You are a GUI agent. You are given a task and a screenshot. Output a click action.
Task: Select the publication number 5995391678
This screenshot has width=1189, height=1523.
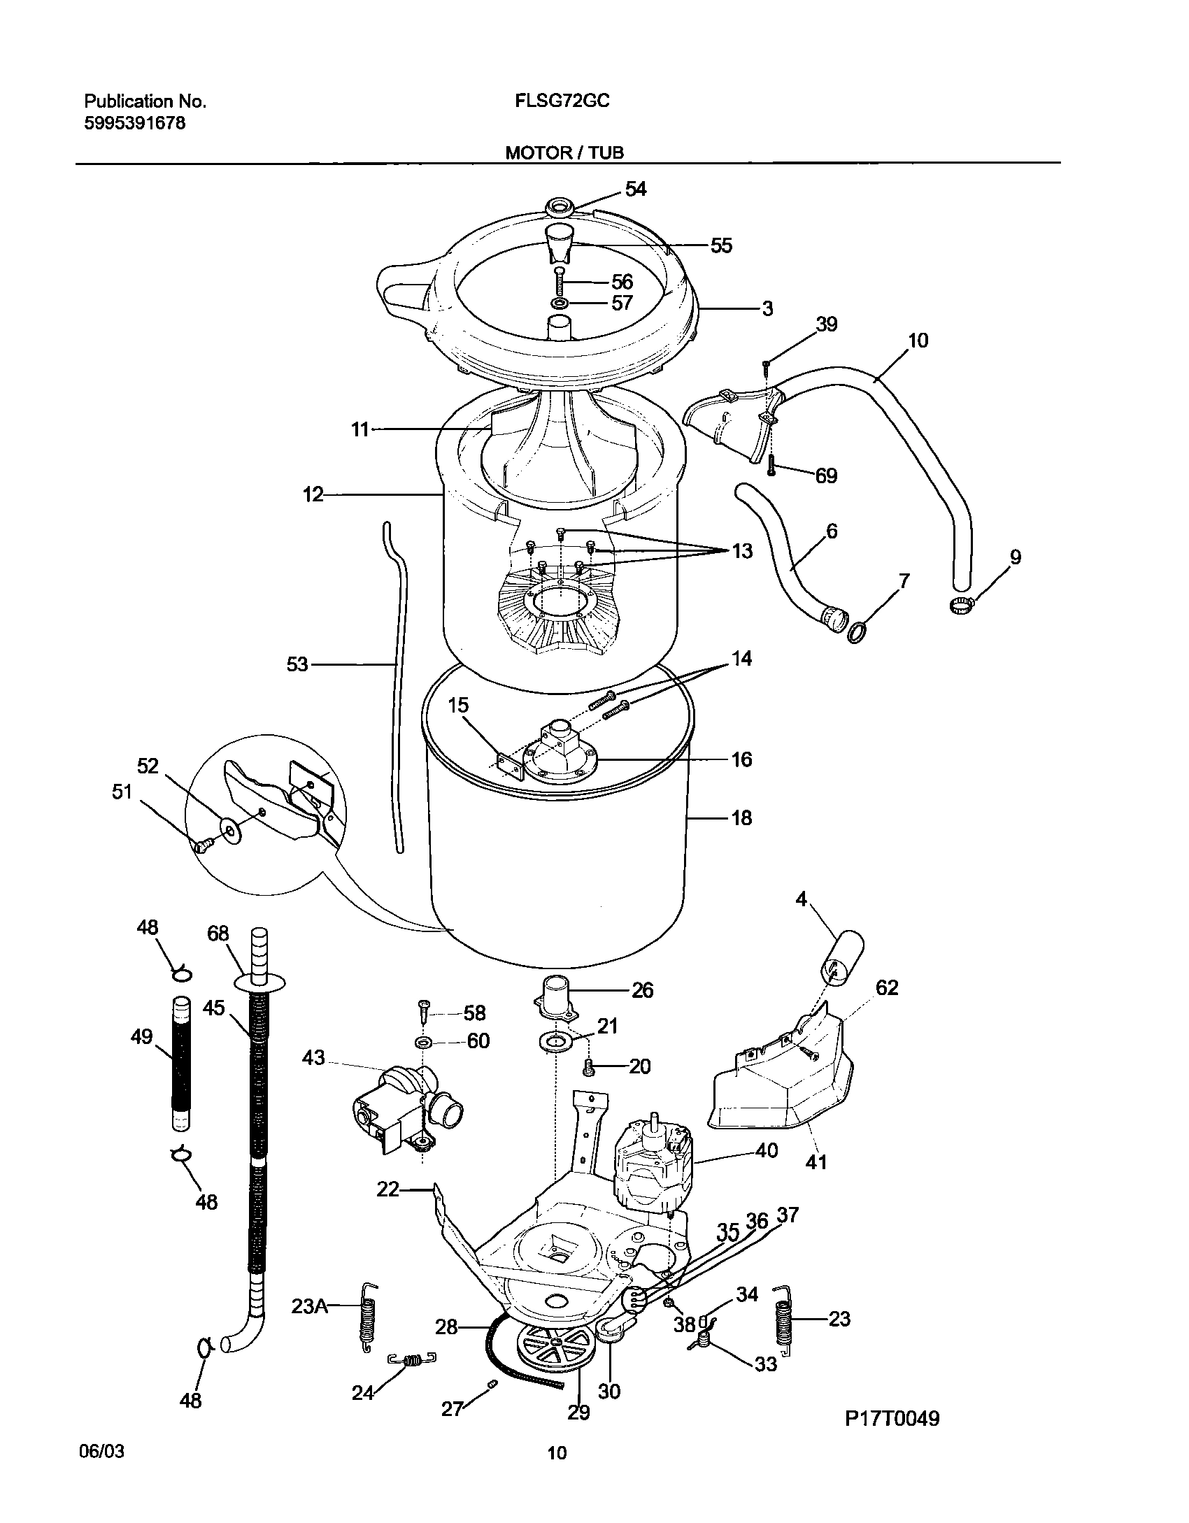click(134, 124)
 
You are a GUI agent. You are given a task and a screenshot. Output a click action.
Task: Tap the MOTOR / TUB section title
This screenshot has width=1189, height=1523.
click(564, 152)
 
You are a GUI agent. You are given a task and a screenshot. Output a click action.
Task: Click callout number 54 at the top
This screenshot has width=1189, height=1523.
click(635, 189)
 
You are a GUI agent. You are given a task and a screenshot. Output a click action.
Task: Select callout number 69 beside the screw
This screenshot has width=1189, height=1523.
click(826, 476)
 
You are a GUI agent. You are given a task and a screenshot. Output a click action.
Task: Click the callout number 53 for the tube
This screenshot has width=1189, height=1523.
click(297, 664)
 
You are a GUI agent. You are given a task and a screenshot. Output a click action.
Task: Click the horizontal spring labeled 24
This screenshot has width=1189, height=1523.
click(413, 1379)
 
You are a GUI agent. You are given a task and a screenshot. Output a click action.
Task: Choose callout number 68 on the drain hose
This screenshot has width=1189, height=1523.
click(218, 934)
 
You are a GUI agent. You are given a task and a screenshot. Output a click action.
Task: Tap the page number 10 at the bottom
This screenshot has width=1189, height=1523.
click(557, 1454)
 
